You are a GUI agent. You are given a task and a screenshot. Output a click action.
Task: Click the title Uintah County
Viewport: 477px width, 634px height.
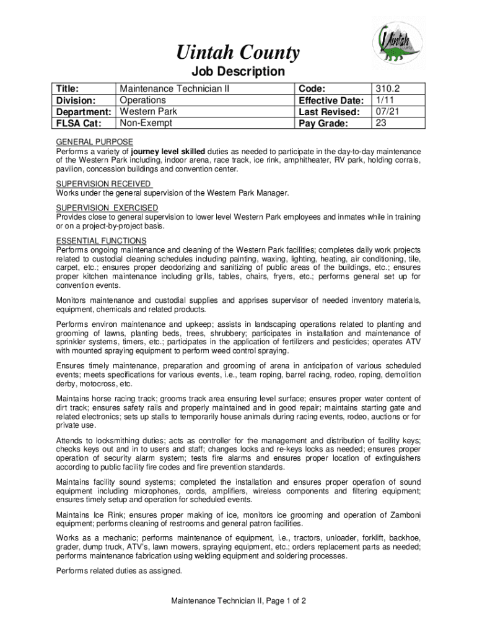[239, 53]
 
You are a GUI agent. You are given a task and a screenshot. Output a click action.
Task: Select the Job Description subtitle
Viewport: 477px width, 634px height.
[239, 72]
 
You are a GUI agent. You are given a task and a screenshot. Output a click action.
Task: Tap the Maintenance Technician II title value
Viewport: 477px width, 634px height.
[174, 89]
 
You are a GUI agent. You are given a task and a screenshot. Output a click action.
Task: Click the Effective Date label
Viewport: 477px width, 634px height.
[330, 100]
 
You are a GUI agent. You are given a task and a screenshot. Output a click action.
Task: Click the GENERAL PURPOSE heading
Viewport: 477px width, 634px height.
[94, 142]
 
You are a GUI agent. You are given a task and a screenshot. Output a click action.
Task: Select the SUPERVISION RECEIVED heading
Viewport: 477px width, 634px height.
[103, 184]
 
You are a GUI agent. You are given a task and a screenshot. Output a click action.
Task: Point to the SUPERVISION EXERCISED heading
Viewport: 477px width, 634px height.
[107, 207]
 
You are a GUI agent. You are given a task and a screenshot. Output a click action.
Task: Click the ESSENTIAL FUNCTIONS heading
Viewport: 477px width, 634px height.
[101, 240]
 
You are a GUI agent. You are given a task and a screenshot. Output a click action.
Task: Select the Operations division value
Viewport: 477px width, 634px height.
[142, 100]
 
